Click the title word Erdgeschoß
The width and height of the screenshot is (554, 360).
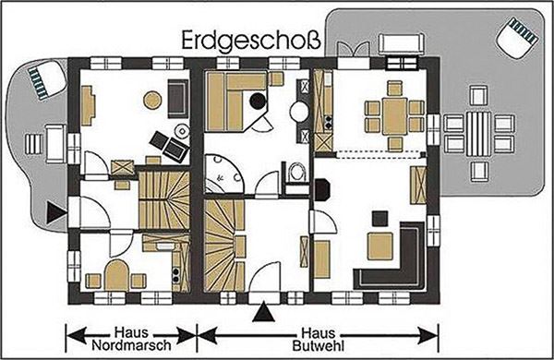[x=251, y=42]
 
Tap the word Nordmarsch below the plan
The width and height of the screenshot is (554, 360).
[x=131, y=345]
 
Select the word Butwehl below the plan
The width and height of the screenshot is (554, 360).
[x=318, y=346]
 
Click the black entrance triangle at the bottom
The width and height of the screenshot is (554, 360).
[x=263, y=311]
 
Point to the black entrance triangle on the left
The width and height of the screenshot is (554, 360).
[x=55, y=212]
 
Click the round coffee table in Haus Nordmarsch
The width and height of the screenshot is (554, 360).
[x=152, y=100]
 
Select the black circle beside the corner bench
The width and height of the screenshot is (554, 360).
[x=258, y=101]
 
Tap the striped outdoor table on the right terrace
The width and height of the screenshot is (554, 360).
[x=478, y=134]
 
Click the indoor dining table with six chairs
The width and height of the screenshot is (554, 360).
[x=394, y=116]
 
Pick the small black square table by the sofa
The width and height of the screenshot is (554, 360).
[x=379, y=219]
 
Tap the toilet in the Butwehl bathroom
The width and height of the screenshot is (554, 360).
[x=296, y=172]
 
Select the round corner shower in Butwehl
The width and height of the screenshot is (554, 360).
[x=223, y=174]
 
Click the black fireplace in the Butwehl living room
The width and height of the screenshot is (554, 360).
[x=321, y=190]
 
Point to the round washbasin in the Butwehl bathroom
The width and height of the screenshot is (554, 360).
[x=299, y=112]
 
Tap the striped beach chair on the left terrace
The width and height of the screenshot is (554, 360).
[x=46, y=79]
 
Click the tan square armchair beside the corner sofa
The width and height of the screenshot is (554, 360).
[x=379, y=246]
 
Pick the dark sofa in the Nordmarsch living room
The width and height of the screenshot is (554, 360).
[x=178, y=98]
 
